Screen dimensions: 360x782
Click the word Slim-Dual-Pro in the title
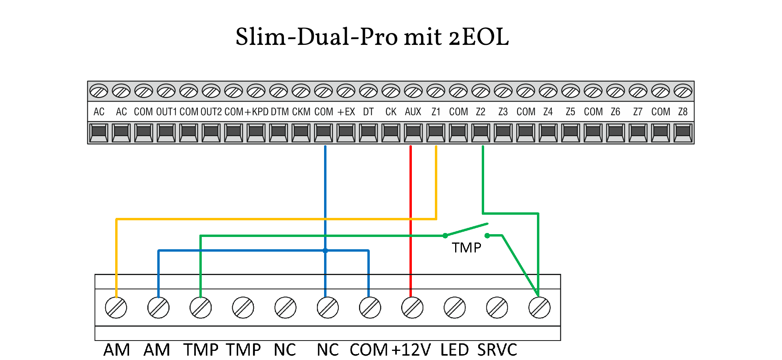click(x=317, y=37)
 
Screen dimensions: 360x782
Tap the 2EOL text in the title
click(x=479, y=37)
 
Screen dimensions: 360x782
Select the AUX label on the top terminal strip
click(x=413, y=112)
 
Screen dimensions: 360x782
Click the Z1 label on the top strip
click(x=436, y=112)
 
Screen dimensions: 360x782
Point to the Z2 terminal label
click(x=481, y=112)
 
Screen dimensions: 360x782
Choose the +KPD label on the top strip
click(x=257, y=112)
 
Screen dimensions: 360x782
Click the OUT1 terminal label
click(x=166, y=112)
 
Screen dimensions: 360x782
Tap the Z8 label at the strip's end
click(x=683, y=112)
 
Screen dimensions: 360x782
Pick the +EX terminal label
click(x=346, y=112)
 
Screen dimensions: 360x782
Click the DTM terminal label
click(x=280, y=112)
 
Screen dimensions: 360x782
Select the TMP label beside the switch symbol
click(x=467, y=248)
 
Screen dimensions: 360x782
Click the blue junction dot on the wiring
click(x=325, y=250)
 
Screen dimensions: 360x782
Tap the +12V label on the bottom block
click(x=411, y=350)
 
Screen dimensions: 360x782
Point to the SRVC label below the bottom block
click(x=497, y=350)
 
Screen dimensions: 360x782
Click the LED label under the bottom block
click(x=455, y=350)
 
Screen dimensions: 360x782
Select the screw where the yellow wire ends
click(x=116, y=308)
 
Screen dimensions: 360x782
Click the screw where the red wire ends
click(x=412, y=308)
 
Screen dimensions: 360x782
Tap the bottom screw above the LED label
click(x=455, y=308)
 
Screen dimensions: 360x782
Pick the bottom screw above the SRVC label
click(x=497, y=308)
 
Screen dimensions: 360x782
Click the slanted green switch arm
click(x=467, y=230)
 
